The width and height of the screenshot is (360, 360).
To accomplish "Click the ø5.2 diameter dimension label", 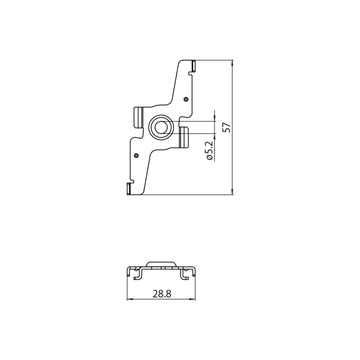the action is [x=210, y=150].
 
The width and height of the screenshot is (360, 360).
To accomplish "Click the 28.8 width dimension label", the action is [x=162, y=294].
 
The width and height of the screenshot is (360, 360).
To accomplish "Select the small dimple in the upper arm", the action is [x=186, y=99].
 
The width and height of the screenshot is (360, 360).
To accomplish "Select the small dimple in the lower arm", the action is [x=136, y=156].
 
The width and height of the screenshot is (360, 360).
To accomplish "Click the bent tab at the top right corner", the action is [x=194, y=66].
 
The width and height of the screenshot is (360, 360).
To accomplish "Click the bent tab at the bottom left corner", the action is [x=129, y=189].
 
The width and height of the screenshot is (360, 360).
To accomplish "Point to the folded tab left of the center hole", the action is [x=139, y=117].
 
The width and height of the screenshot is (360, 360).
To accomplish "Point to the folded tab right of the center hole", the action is [x=184, y=137].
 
